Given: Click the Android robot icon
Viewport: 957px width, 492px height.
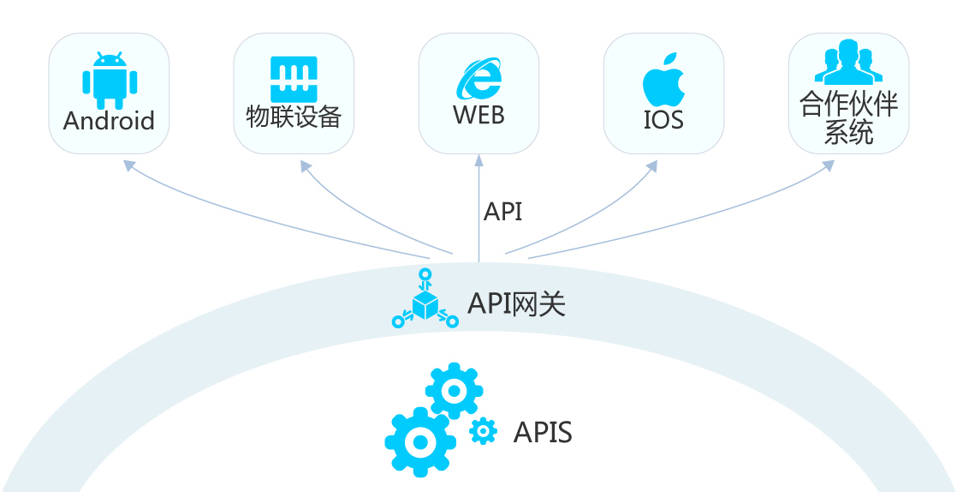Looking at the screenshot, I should click(110, 78).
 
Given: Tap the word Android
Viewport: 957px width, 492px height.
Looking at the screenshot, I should click(109, 121).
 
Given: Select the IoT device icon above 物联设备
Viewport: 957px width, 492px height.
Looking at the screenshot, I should click(294, 80).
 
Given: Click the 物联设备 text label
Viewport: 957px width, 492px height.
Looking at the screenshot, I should click(294, 118).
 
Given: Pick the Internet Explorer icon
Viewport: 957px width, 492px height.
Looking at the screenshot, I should click(479, 81).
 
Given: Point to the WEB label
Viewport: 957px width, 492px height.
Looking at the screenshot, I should click(478, 116).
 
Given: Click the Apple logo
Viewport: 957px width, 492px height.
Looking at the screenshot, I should click(663, 78).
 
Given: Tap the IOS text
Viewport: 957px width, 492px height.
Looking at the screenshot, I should click(663, 120).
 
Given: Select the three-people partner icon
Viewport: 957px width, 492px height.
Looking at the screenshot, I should click(847, 62).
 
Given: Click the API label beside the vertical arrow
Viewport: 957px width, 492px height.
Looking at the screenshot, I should click(502, 212).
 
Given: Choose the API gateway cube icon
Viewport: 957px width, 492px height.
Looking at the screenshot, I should click(425, 302).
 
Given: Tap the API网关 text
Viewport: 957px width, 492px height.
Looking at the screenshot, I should click(516, 303).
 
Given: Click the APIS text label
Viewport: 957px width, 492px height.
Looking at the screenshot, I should click(543, 432).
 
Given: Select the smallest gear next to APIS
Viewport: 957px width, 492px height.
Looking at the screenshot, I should click(484, 431).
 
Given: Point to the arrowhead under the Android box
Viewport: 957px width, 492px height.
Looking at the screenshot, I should click(129, 165).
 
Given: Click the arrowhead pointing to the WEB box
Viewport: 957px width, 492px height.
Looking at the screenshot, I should click(478, 160).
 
